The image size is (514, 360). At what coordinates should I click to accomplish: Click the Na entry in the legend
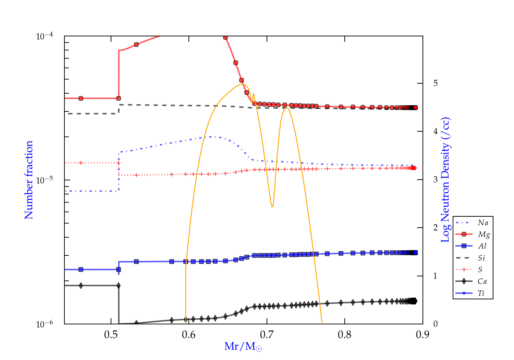tap(483, 223)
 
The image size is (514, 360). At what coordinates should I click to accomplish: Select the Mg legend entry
tap(484, 235)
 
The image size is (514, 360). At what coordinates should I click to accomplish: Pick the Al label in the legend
tap(482, 246)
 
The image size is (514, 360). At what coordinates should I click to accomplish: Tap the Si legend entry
tap(481, 258)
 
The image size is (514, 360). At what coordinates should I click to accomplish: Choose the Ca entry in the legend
tap(482, 281)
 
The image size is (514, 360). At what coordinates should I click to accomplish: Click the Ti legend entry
tap(481, 293)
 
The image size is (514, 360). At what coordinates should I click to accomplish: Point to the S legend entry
tap(480, 270)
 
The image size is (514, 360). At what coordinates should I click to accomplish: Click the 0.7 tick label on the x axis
tap(267, 335)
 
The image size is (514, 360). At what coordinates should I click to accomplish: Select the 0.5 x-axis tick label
tap(111, 335)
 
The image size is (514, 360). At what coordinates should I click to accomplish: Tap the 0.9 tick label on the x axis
tap(423, 335)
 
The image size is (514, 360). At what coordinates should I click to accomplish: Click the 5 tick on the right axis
tap(436, 83)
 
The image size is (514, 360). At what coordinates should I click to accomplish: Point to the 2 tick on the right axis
tap(436, 228)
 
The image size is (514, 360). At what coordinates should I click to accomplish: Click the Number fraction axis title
tap(29, 180)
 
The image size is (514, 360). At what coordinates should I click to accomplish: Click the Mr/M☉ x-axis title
tap(243, 347)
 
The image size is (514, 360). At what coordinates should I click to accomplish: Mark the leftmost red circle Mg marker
tap(81, 98)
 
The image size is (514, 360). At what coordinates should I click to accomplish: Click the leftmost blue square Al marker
tap(81, 269)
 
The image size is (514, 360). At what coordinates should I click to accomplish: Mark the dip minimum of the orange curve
tap(272, 207)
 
